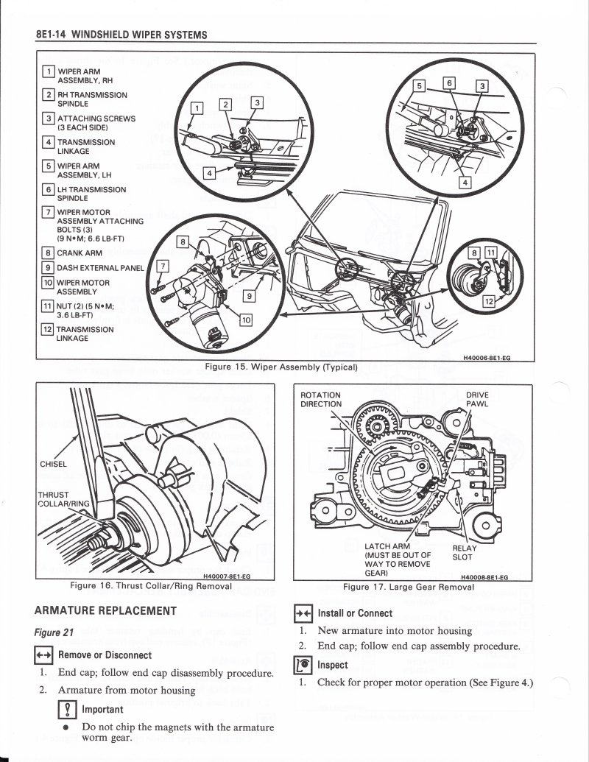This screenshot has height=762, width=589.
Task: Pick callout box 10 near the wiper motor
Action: click(246, 319)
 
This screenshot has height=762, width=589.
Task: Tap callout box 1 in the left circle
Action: click(197, 108)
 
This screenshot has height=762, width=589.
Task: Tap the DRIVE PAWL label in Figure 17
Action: click(477, 400)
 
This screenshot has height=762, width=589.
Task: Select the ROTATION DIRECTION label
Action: click(321, 400)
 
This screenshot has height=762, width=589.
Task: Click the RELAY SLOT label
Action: click(464, 553)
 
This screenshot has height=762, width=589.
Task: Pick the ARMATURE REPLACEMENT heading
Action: click(105, 610)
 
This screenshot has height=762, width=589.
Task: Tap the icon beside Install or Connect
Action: click(303, 613)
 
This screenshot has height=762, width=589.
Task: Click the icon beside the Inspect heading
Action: click(303, 666)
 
